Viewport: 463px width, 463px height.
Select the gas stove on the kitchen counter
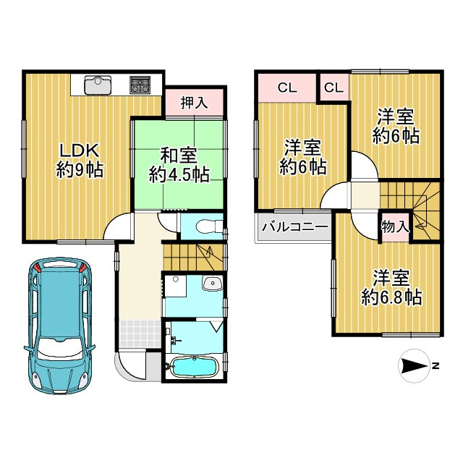140,85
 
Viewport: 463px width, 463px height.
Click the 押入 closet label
193,103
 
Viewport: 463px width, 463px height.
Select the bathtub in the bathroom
192,366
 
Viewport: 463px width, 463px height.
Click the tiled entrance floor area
139,334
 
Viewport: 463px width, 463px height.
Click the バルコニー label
294,227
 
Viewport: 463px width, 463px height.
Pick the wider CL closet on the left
286,88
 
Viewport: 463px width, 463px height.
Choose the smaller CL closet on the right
333,88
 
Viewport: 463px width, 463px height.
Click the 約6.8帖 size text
392,297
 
